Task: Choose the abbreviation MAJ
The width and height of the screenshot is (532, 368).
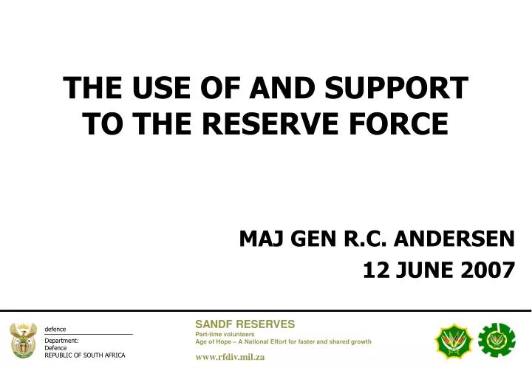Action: tap(262, 239)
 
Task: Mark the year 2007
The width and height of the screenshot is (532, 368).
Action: tap(484, 271)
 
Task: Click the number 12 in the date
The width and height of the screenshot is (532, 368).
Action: tap(376, 271)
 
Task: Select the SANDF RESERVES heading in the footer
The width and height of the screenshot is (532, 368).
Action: tap(245, 323)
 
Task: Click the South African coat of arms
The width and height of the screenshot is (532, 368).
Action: tap(24, 340)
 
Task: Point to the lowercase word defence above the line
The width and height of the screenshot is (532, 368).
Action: tap(55, 329)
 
